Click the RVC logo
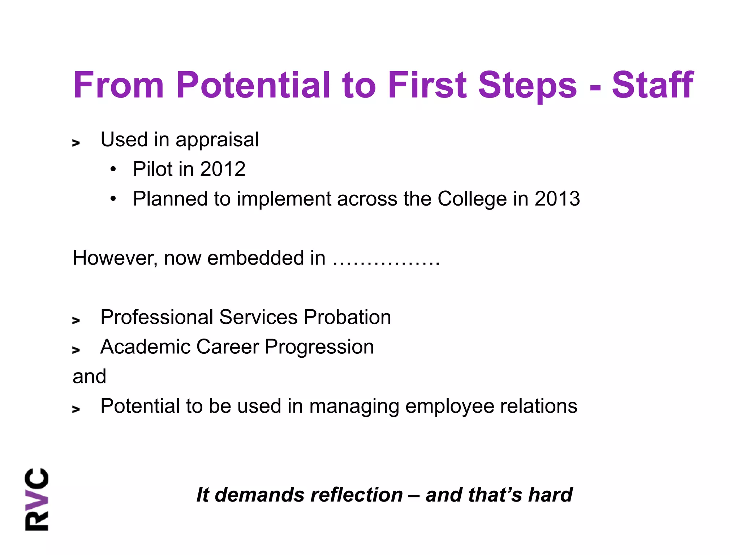37,499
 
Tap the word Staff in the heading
652,85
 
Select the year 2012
223,169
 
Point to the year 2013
557,199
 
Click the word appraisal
217,140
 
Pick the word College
472,199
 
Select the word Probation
347,317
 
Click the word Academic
145,347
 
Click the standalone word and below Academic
89,377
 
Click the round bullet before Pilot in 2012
113,169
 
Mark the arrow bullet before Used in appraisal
76,143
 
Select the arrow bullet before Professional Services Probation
76,320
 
